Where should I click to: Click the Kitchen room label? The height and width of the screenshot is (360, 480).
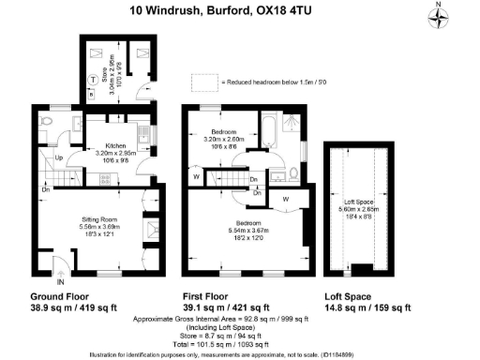click(116, 146)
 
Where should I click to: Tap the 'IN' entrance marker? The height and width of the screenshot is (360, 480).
click(61, 279)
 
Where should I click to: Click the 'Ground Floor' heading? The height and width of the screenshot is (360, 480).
click(63, 295)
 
